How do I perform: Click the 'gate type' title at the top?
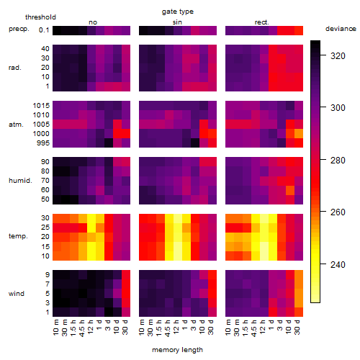(178, 12)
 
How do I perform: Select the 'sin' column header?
(177, 22)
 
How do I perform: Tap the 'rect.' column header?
(261, 22)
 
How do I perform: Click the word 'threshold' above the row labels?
(40, 17)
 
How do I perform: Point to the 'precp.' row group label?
(19, 29)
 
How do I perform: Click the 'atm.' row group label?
(16, 125)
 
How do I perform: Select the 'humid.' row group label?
(20, 180)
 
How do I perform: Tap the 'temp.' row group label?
(18, 236)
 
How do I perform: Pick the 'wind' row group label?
(17, 293)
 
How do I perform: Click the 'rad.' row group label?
(15, 68)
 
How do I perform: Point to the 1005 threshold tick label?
(41, 125)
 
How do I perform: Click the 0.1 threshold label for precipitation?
(44, 30)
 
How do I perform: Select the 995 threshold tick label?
(43, 143)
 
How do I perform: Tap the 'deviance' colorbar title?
(341, 29)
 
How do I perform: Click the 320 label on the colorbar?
(338, 56)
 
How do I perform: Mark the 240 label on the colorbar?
(338, 265)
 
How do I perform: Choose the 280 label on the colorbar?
(338, 161)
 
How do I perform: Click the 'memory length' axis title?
(178, 350)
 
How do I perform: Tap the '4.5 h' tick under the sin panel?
(168, 328)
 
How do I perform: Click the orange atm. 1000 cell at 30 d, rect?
(299, 134)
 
